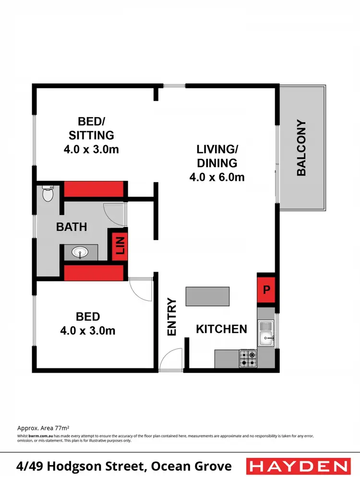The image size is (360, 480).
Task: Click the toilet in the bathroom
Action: click(x=48, y=194)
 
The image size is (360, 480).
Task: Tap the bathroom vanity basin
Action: click(x=79, y=252)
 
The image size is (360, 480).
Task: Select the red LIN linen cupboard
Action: click(x=120, y=246)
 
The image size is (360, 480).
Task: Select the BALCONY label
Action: click(x=301, y=148)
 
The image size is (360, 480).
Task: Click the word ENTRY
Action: click(x=172, y=317)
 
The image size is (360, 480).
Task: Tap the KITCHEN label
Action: click(x=221, y=329)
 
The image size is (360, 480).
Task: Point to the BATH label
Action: click(x=72, y=227)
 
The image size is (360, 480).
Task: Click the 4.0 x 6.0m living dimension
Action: click(x=217, y=177)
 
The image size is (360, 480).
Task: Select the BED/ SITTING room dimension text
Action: click(x=91, y=149)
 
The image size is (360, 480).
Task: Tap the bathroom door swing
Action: click(x=115, y=215)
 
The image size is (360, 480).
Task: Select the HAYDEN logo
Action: click(x=298, y=466)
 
